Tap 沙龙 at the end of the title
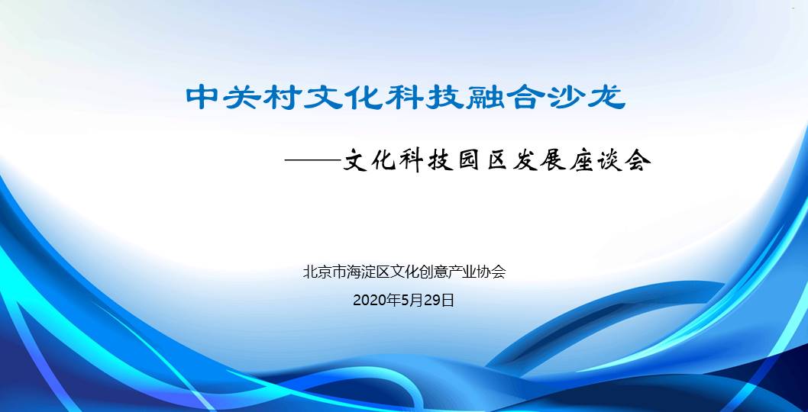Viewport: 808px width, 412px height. tap(587, 98)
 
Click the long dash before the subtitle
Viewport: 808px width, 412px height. tap(313, 162)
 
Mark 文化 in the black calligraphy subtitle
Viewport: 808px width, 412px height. tap(371, 162)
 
